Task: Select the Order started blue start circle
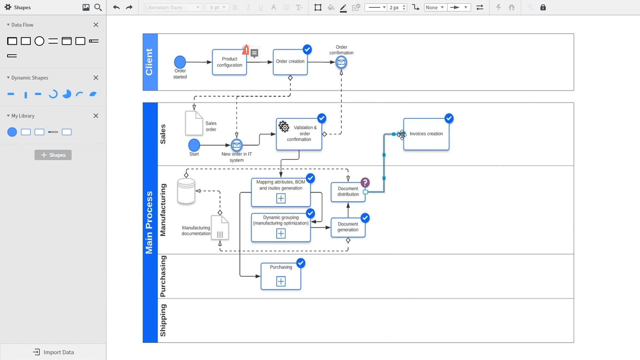(180, 62)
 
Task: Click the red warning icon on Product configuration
(246, 50)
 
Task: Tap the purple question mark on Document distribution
(365, 183)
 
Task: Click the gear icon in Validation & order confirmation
(284, 127)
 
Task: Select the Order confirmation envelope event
(341, 62)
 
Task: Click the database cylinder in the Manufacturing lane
(186, 191)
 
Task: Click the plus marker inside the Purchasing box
(281, 282)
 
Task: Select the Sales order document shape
(194, 123)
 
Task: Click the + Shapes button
(53, 155)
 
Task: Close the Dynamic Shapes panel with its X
(96, 78)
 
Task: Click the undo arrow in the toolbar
(116, 7)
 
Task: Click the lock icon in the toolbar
(543, 7)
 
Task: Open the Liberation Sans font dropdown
(173, 7)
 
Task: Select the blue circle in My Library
(12, 132)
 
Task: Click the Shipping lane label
(163, 320)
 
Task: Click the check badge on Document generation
(365, 218)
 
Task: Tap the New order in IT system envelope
(237, 145)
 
